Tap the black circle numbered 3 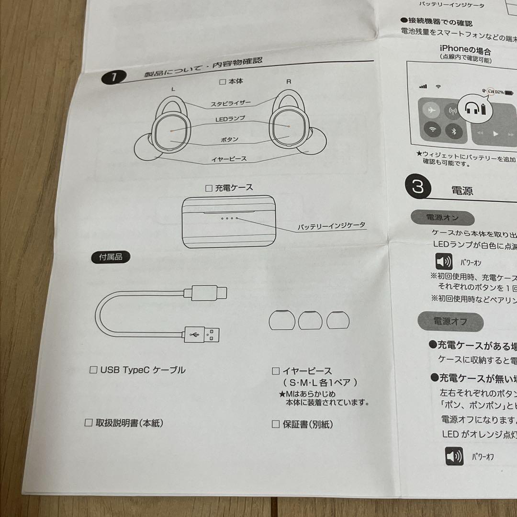[418, 187]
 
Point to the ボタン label [230, 139]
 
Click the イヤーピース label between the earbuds [229, 158]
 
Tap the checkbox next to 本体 [222, 82]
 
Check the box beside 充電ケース [208, 188]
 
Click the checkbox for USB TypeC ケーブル [94, 370]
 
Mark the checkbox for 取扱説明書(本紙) [88, 423]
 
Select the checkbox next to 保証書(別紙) [276, 424]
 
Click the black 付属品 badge [111, 257]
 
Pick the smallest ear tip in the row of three [338, 320]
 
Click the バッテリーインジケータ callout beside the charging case [331, 225]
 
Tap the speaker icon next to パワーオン [444, 262]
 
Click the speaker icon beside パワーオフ [454, 456]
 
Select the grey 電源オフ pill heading [450, 321]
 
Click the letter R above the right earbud [289, 81]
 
